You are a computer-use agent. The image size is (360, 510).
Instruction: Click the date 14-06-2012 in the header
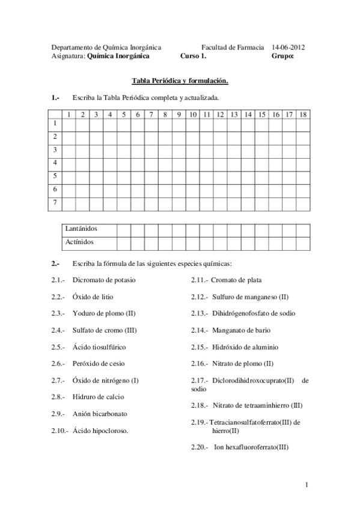coord(288,46)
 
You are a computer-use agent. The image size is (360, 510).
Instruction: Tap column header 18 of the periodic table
coord(303,114)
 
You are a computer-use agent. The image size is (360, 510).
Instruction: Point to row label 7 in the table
coord(55,203)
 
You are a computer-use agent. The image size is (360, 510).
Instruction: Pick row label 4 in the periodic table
coord(55,162)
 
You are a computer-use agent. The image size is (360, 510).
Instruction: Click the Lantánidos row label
coord(81,229)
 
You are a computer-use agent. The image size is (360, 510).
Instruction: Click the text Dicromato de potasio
coord(104,280)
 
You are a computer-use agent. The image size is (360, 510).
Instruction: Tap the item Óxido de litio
coord(93,296)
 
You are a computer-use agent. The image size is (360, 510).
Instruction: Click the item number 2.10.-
coord(61,431)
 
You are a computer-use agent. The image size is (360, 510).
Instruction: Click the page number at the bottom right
coord(306,485)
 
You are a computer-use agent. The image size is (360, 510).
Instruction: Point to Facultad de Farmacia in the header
coord(233,46)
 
